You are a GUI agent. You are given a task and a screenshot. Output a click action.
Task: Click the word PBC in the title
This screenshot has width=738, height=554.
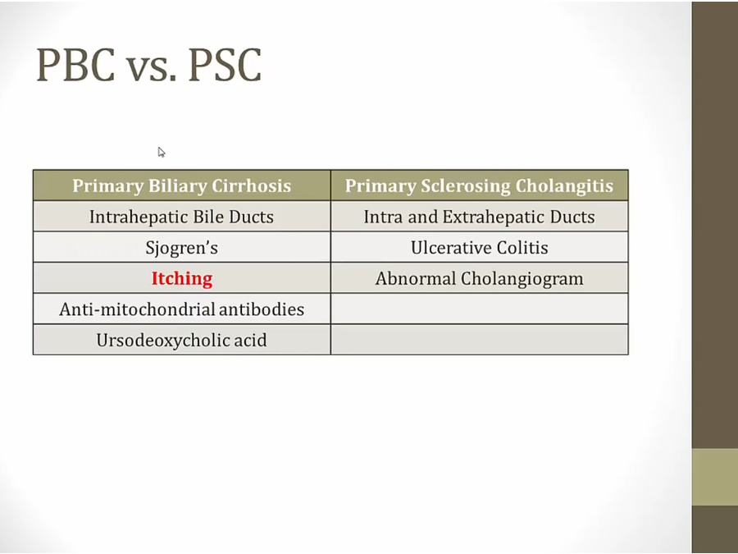pos(75,65)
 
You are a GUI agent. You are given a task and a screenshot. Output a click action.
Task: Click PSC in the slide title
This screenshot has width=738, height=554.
pos(225,65)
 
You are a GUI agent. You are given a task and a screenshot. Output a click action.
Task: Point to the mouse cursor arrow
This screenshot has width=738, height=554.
pos(162,152)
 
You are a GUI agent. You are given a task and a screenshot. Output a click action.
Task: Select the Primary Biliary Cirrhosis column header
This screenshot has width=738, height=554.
pos(182,185)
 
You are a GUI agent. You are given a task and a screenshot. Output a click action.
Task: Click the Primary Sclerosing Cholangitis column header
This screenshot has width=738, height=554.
pos(479,185)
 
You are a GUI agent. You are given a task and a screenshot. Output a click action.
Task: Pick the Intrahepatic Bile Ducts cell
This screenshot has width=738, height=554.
pos(182,217)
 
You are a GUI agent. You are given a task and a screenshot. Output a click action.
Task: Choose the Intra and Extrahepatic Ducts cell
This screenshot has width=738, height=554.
pos(479,217)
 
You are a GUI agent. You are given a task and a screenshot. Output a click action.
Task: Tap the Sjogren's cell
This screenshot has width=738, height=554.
pos(182,247)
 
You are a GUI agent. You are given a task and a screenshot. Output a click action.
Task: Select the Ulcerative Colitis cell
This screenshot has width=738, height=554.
pos(479,247)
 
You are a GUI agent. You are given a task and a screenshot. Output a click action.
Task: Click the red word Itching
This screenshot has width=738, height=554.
pos(182,278)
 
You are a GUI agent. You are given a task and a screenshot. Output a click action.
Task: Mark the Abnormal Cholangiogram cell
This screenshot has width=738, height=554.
pos(479,278)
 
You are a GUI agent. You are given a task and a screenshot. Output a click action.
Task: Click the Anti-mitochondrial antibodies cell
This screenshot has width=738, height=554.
pos(182,309)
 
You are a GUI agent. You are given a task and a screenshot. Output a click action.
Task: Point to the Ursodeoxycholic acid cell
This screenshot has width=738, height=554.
pos(182,340)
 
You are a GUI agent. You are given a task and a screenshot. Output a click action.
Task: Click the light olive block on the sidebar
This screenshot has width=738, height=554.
pos(714,477)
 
